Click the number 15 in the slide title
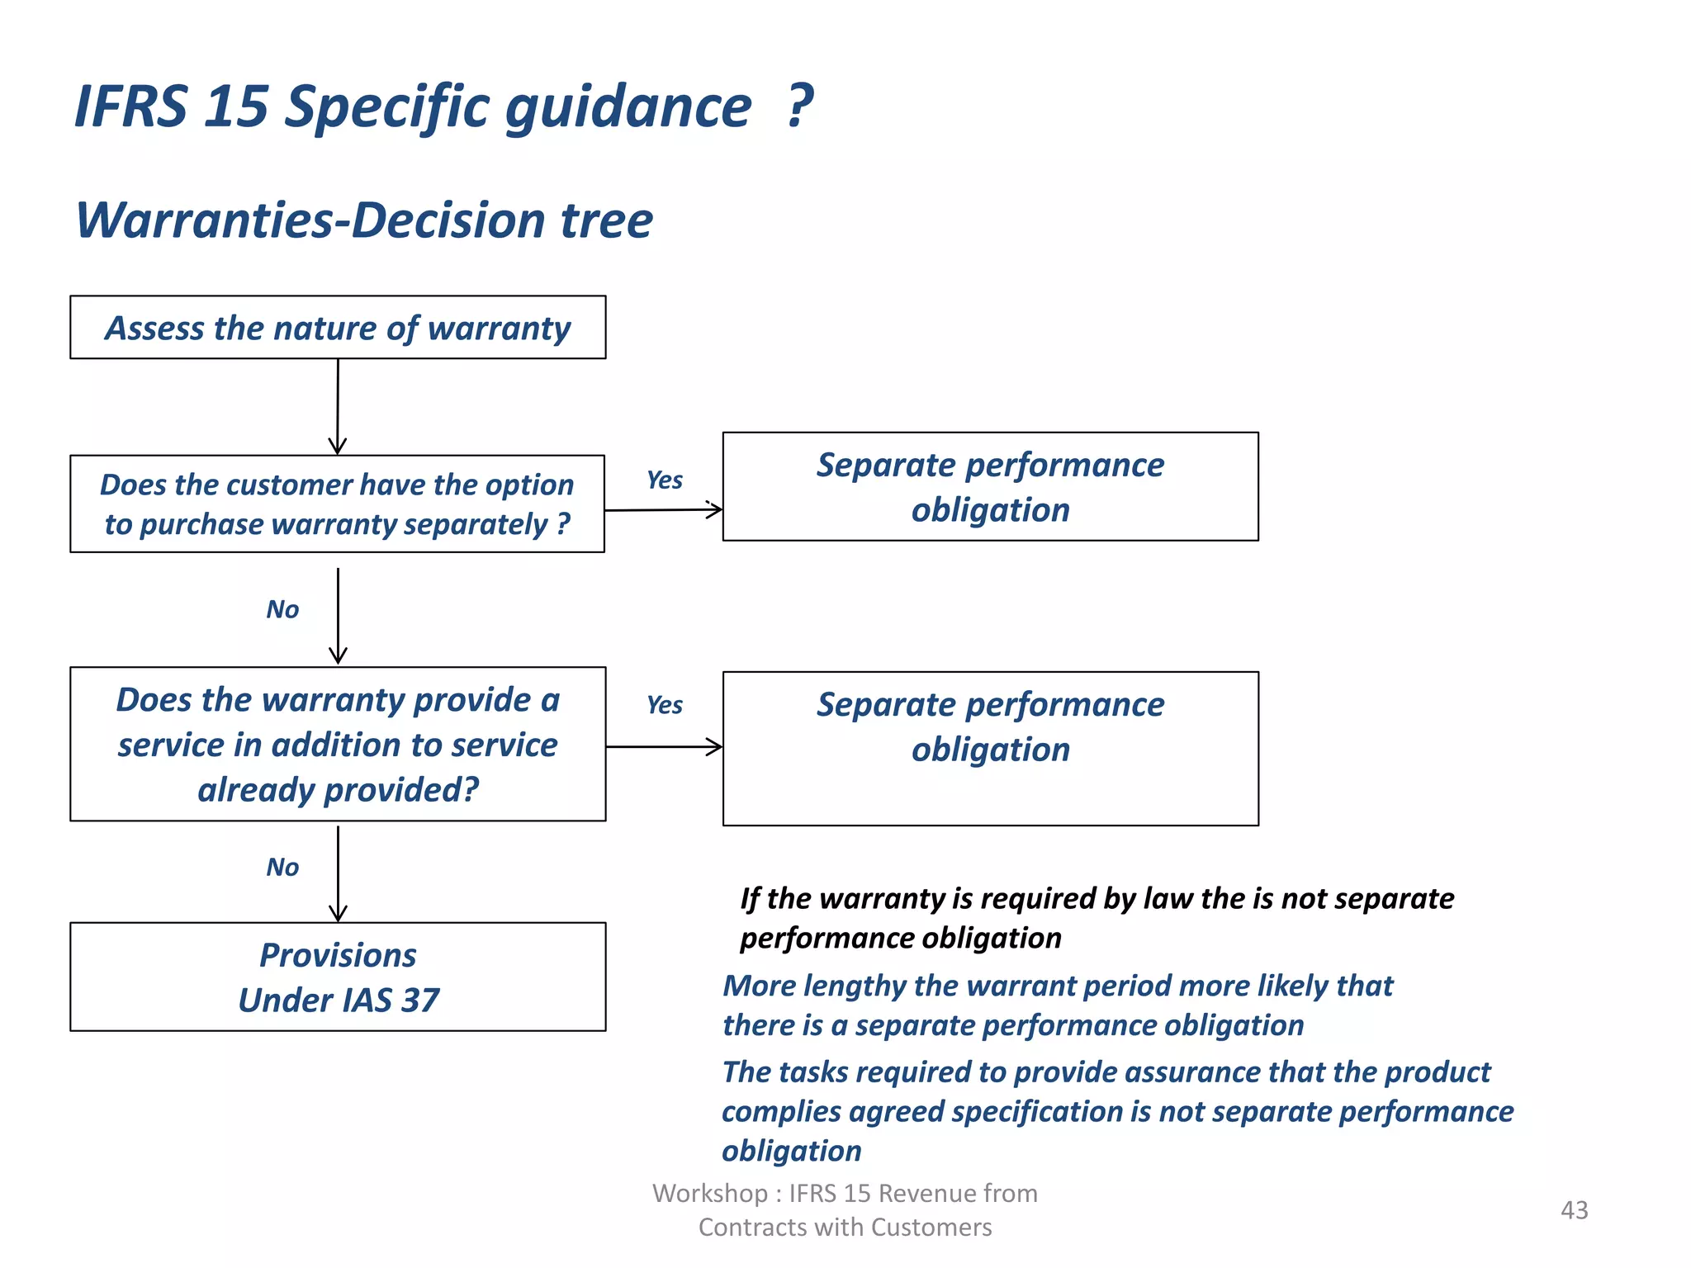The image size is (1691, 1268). pyautogui.click(x=235, y=107)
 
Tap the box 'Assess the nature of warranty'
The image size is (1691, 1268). pyautogui.click(x=338, y=328)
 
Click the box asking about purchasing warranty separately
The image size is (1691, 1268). pyautogui.click(x=338, y=504)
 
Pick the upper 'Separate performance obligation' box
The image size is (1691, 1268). pyautogui.click(x=990, y=487)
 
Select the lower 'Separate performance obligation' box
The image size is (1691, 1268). pyautogui.click(x=990, y=748)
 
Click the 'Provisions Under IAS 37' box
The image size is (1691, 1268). pyautogui.click(x=338, y=977)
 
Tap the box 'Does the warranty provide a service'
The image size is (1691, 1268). pyautogui.click(x=338, y=744)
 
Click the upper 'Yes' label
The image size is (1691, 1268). pyautogui.click(x=665, y=480)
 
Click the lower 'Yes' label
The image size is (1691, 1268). pyautogui.click(x=665, y=706)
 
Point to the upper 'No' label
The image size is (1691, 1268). pyautogui.click(x=282, y=610)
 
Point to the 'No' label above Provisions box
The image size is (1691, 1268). pyautogui.click(x=282, y=868)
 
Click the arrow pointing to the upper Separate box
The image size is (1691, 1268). pyautogui.click(x=664, y=509)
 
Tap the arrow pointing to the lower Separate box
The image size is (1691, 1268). pyautogui.click(x=664, y=747)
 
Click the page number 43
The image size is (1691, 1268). pyautogui.click(x=1574, y=1210)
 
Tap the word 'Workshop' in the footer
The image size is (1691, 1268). pyautogui.click(x=709, y=1194)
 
